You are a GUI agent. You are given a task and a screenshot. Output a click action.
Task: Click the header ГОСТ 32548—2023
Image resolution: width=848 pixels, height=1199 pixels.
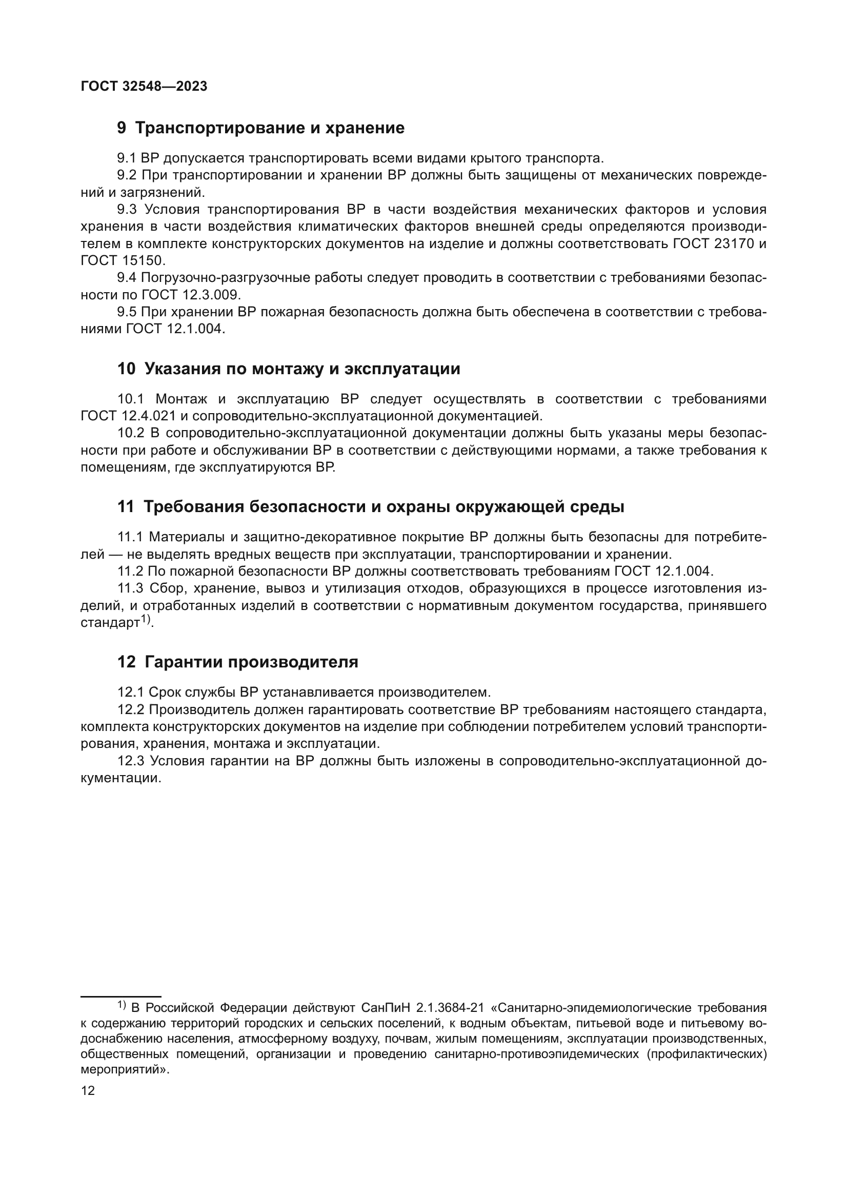[x=144, y=87]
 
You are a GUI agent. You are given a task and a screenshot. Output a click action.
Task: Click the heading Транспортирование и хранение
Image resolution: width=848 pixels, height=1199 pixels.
[x=270, y=128]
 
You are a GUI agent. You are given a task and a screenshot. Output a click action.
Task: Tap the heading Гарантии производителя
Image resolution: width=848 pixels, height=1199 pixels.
[x=251, y=662]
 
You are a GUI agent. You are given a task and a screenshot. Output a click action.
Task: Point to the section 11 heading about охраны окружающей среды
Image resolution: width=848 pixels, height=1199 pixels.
[x=384, y=506]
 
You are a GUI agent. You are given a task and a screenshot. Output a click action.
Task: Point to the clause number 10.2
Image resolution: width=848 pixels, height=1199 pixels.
[x=131, y=434]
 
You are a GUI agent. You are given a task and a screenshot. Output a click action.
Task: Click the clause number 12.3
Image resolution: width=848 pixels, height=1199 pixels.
[x=131, y=761]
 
